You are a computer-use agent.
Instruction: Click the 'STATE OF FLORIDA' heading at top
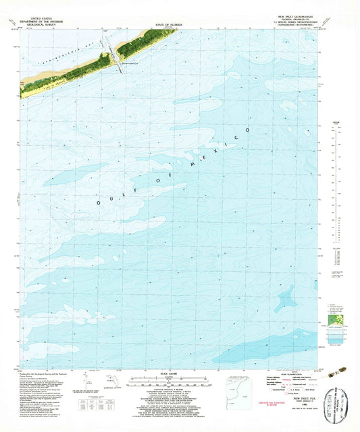(x=173, y=24)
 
